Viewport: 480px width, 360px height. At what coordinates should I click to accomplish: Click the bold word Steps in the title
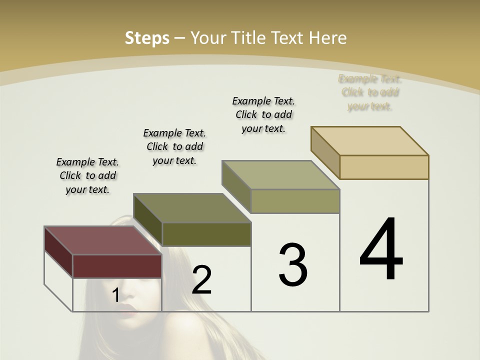tap(147, 38)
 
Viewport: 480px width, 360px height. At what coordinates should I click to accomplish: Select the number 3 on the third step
tap(293, 265)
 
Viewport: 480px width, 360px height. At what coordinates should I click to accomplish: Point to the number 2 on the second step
tap(201, 280)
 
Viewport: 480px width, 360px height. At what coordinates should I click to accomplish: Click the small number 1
tap(115, 295)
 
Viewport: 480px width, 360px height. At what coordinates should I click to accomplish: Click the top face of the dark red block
tap(102, 240)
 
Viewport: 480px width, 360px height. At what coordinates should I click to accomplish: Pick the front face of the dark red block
tap(117, 266)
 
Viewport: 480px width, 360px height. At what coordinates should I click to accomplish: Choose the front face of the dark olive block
tap(206, 234)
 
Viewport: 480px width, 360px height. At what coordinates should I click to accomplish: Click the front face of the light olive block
tap(295, 201)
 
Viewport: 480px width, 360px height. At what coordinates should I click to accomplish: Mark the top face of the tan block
tap(369, 140)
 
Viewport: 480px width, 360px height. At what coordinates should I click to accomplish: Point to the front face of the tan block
tap(384, 167)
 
